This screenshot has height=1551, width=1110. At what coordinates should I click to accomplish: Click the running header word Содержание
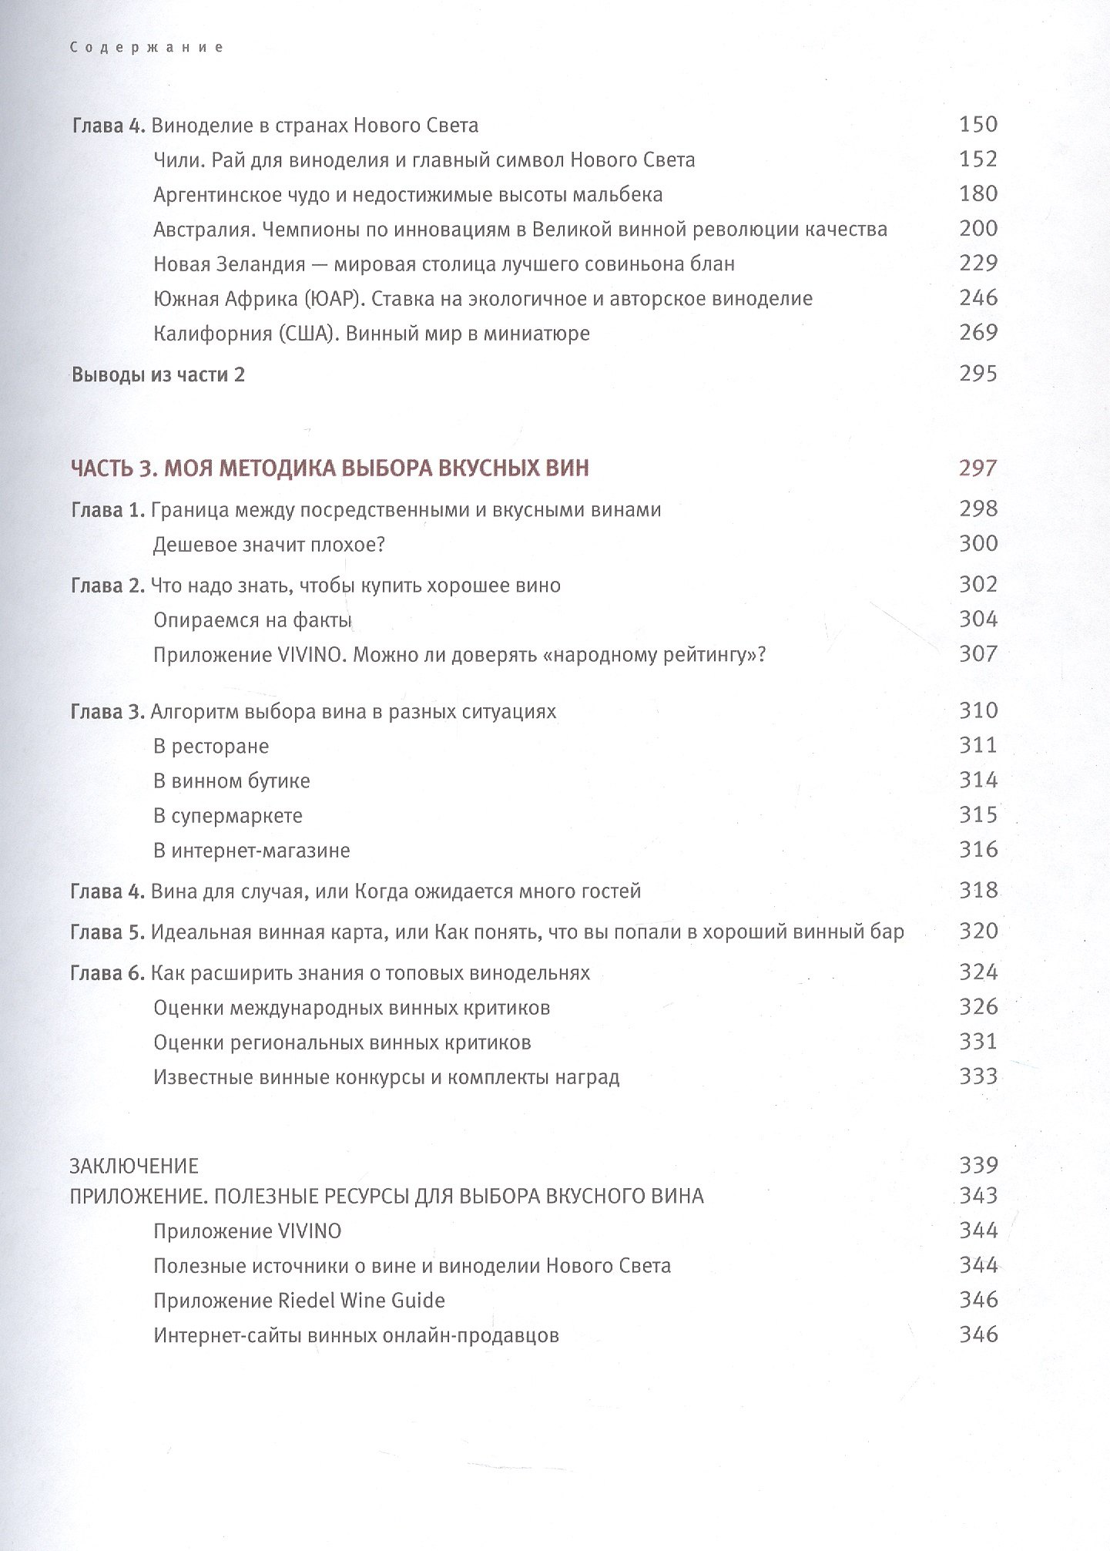(x=146, y=48)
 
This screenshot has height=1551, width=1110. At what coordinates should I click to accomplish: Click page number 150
(x=978, y=124)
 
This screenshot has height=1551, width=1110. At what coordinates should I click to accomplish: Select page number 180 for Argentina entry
(x=978, y=193)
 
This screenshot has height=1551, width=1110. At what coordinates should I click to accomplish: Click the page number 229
(x=978, y=263)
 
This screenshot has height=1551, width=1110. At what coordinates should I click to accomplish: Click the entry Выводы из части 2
(x=158, y=375)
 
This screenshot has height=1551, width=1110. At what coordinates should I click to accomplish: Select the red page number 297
(x=978, y=468)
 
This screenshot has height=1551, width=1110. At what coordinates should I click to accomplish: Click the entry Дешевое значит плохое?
(x=269, y=545)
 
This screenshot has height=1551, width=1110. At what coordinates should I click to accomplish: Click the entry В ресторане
(x=210, y=746)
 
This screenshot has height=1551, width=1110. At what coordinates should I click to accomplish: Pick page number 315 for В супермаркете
(x=978, y=814)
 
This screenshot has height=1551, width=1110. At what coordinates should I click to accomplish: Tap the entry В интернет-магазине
(x=251, y=851)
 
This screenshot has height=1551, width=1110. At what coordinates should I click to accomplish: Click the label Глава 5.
(x=107, y=932)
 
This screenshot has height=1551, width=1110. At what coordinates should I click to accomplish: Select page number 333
(x=978, y=1076)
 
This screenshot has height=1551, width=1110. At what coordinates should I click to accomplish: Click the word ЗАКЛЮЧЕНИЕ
(x=134, y=1165)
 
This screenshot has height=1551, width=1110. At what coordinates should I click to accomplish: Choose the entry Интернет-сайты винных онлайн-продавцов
(x=356, y=1335)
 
